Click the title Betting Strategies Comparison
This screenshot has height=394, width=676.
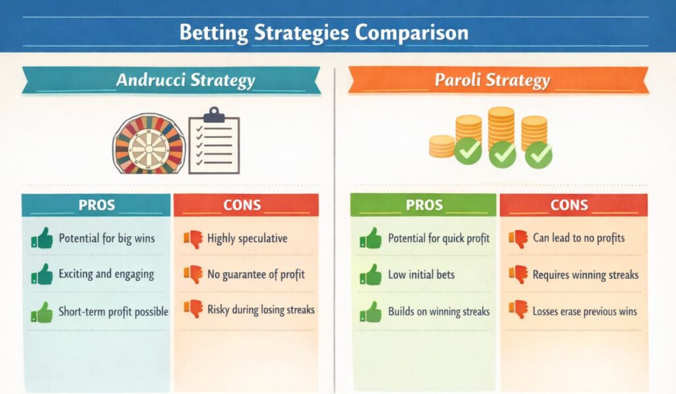click(x=323, y=33)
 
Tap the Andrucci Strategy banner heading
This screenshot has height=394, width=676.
click(x=186, y=80)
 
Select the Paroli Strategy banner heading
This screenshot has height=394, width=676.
click(x=492, y=80)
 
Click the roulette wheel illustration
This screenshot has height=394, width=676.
click(x=149, y=144)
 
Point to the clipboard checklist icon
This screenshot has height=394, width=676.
click(x=214, y=141)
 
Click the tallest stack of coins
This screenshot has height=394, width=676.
click(x=501, y=130)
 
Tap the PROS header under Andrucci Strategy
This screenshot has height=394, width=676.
click(x=96, y=205)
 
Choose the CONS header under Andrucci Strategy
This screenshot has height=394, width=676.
click(x=242, y=205)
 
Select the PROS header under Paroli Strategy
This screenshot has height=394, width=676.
click(x=424, y=205)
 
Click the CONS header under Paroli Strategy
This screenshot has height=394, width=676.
click(x=569, y=205)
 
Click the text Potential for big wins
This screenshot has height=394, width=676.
click(x=106, y=239)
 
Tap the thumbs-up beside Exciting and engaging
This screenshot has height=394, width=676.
click(x=42, y=274)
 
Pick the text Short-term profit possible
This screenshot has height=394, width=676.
click(x=114, y=311)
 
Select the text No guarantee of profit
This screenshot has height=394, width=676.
click(x=256, y=275)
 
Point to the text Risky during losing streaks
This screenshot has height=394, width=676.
click(x=261, y=310)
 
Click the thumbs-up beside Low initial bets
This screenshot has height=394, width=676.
click(x=371, y=274)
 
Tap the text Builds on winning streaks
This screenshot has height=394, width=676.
click(x=439, y=311)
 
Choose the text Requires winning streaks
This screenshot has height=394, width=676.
click(x=586, y=275)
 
